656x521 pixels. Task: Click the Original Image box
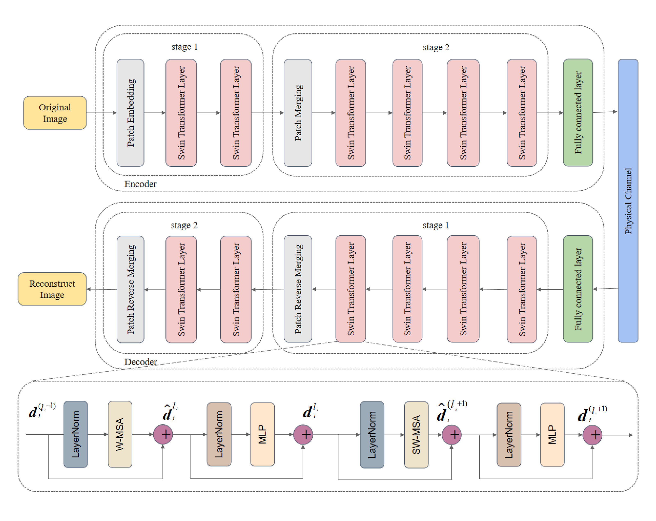55,113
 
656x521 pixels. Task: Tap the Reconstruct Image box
52,289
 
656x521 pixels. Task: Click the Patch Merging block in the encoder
298,113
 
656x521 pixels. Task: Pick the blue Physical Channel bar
628,201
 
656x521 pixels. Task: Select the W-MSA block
120,434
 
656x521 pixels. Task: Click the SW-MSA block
416,434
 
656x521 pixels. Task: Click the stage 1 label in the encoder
184,47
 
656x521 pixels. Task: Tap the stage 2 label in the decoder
184,225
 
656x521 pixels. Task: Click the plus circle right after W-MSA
163,434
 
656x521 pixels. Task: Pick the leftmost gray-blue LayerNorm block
75,434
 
